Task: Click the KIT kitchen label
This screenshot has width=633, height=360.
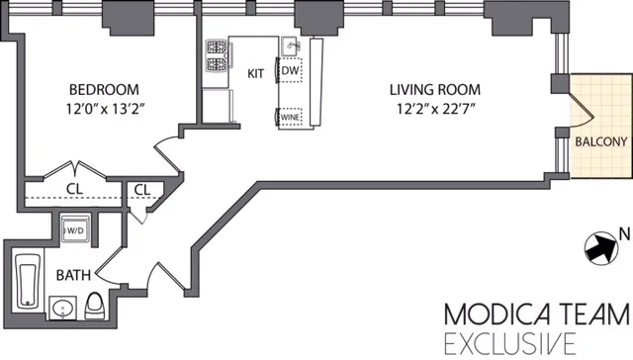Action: tap(254, 73)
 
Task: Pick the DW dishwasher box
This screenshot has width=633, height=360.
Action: tap(290, 71)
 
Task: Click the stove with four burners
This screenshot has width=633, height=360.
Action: tap(217, 58)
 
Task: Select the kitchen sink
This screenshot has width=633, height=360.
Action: tap(289, 45)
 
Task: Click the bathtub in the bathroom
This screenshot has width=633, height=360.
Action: tap(27, 281)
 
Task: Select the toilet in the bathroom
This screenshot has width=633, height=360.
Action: tap(95, 305)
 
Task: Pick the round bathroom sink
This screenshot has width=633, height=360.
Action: tap(62, 309)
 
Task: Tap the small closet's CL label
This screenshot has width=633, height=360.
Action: tap(141, 189)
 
